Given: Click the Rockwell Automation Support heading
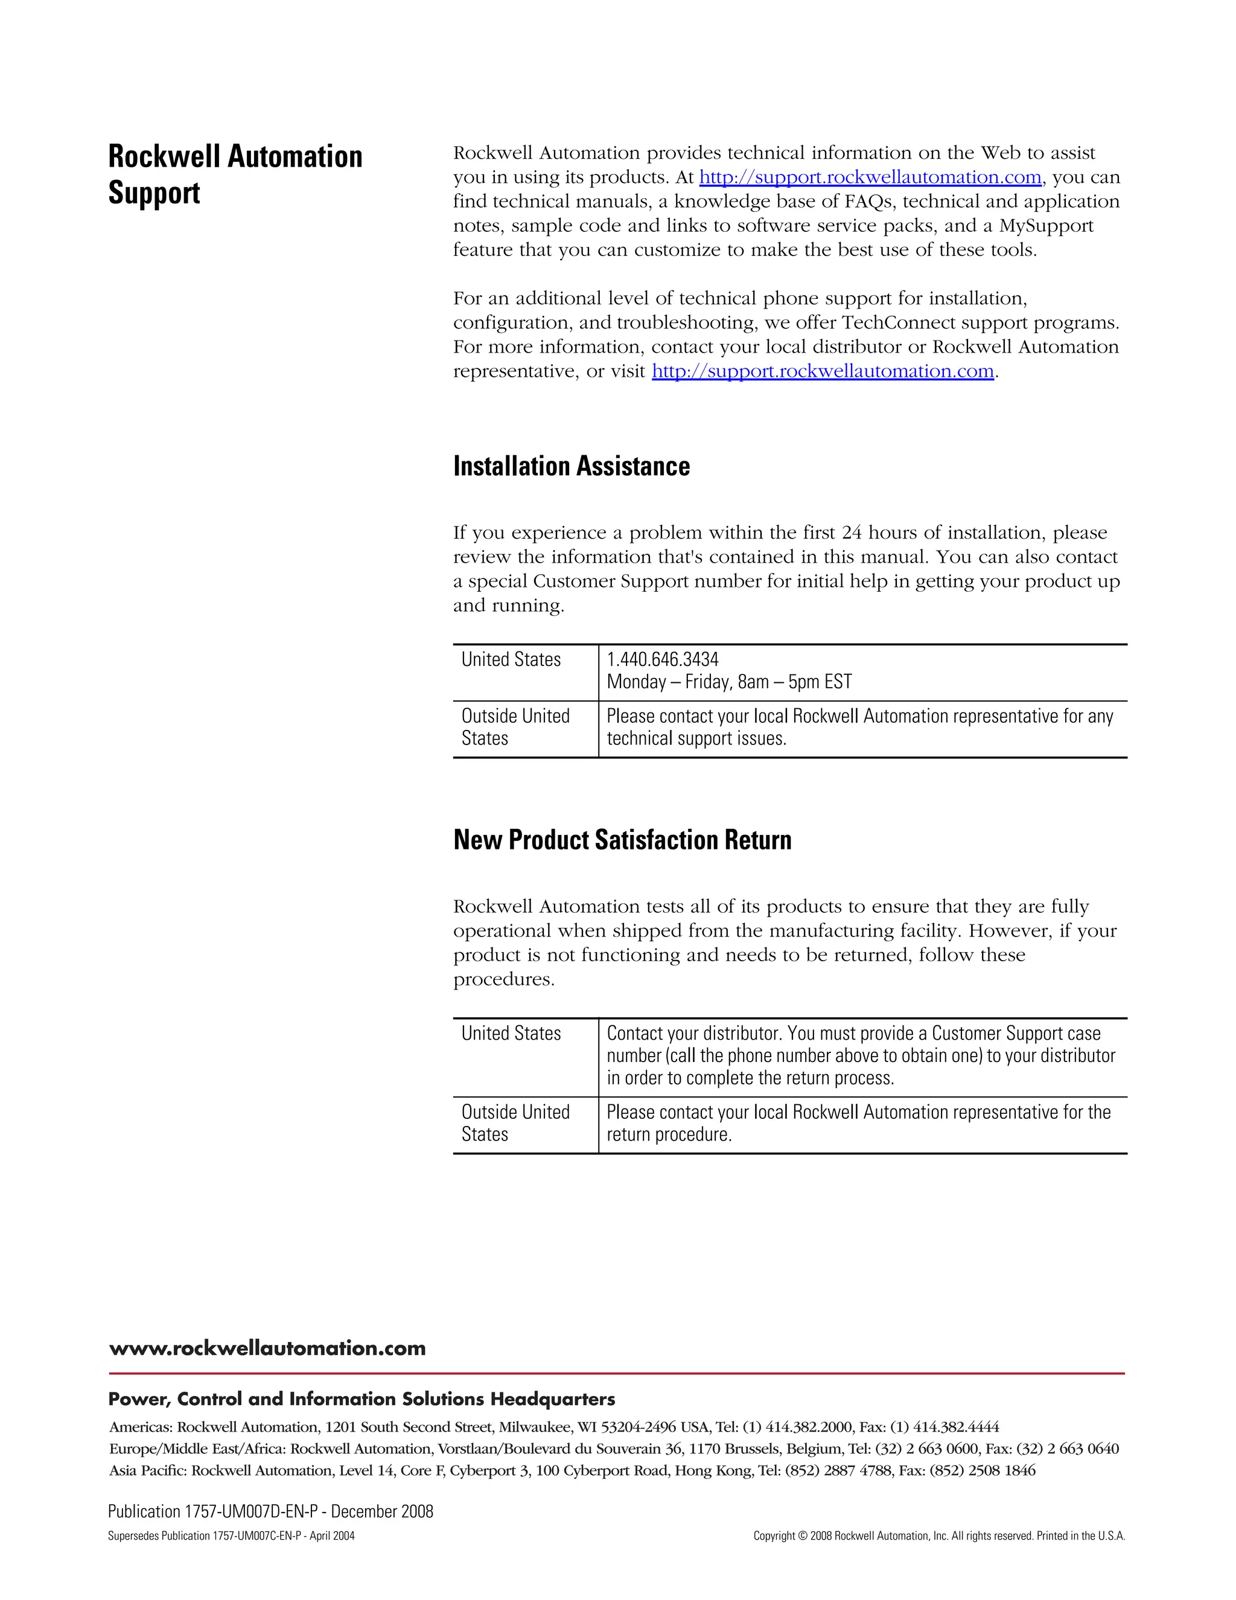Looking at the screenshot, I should [x=235, y=174].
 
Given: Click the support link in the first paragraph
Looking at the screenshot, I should [x=870, y=178].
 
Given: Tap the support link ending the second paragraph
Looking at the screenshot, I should [x=823, y=371].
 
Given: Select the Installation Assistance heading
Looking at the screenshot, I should [x=571, y=467].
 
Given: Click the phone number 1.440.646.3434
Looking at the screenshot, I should [x=663, y=659].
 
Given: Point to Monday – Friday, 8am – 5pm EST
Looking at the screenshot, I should [x=728, y=682].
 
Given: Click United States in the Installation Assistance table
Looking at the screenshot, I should [x=511, y=659].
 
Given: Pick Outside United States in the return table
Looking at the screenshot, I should [x=515, y=1123].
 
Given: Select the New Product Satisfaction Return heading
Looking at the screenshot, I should [x=622, y=840].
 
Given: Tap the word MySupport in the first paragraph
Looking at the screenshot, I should [x=1046, y=226].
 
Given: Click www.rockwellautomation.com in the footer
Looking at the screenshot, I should [x=267, y=1348].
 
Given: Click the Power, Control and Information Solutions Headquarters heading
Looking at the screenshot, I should [x=362, y=1400].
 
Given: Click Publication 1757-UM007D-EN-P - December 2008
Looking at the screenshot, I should [x=270, y=1511].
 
